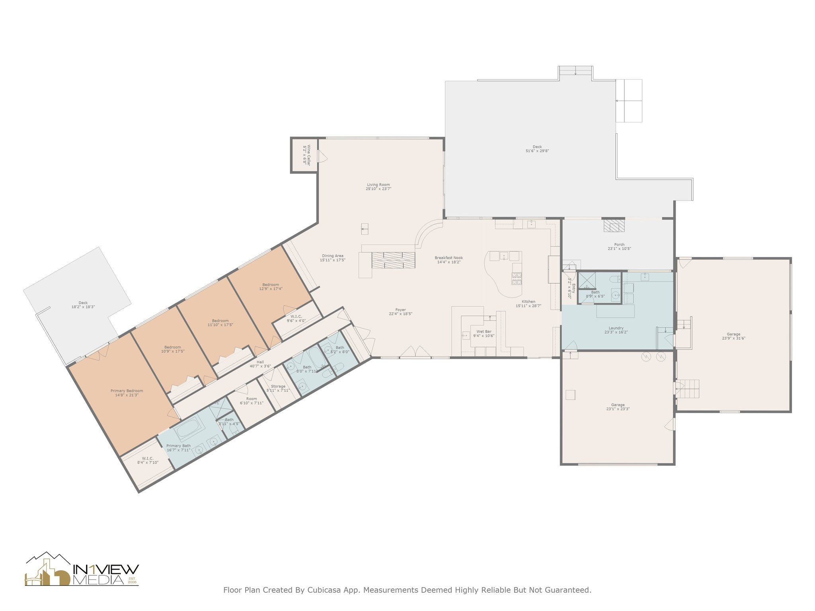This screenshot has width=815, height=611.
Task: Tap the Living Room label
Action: [378, 185]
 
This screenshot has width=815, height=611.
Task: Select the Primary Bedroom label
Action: [127, 391]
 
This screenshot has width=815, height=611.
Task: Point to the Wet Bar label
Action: [484, 331]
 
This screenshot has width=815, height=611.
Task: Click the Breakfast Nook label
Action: [449, 258]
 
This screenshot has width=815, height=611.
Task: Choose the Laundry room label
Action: [616, 328]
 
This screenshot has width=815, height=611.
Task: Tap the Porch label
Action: [619, 245]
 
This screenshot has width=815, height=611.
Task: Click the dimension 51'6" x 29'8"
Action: [537, 151]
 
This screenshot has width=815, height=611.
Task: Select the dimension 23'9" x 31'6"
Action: [733, 338]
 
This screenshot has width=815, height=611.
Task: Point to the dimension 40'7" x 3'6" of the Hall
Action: [260, 366]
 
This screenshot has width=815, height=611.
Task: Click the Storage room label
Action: [278, 386]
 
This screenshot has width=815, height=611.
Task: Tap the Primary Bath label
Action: [179, 446]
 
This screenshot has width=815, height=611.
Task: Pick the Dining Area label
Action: [333, 256]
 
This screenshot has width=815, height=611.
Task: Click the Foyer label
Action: [401, 310]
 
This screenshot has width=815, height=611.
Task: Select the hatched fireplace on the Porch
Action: [614, 225]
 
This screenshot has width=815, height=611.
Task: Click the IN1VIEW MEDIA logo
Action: [82, 569]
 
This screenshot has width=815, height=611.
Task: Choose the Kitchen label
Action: [528, 302]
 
